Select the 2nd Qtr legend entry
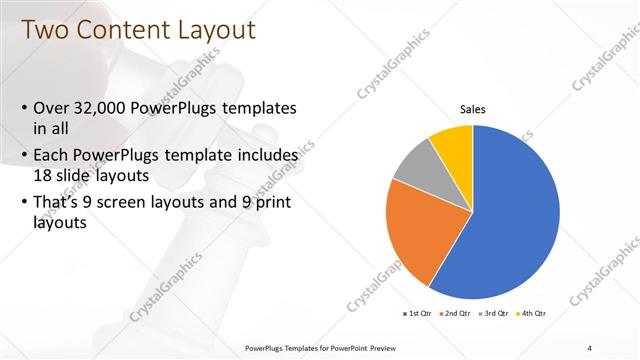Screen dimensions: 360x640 click(457, 313)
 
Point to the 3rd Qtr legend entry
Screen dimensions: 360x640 click(495, 313)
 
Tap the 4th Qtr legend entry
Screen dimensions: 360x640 click(533, 313)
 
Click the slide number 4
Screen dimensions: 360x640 click(591, 347)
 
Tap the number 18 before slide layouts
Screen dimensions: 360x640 click(45, 176)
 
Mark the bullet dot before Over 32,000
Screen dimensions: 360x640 click(24, 108)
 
